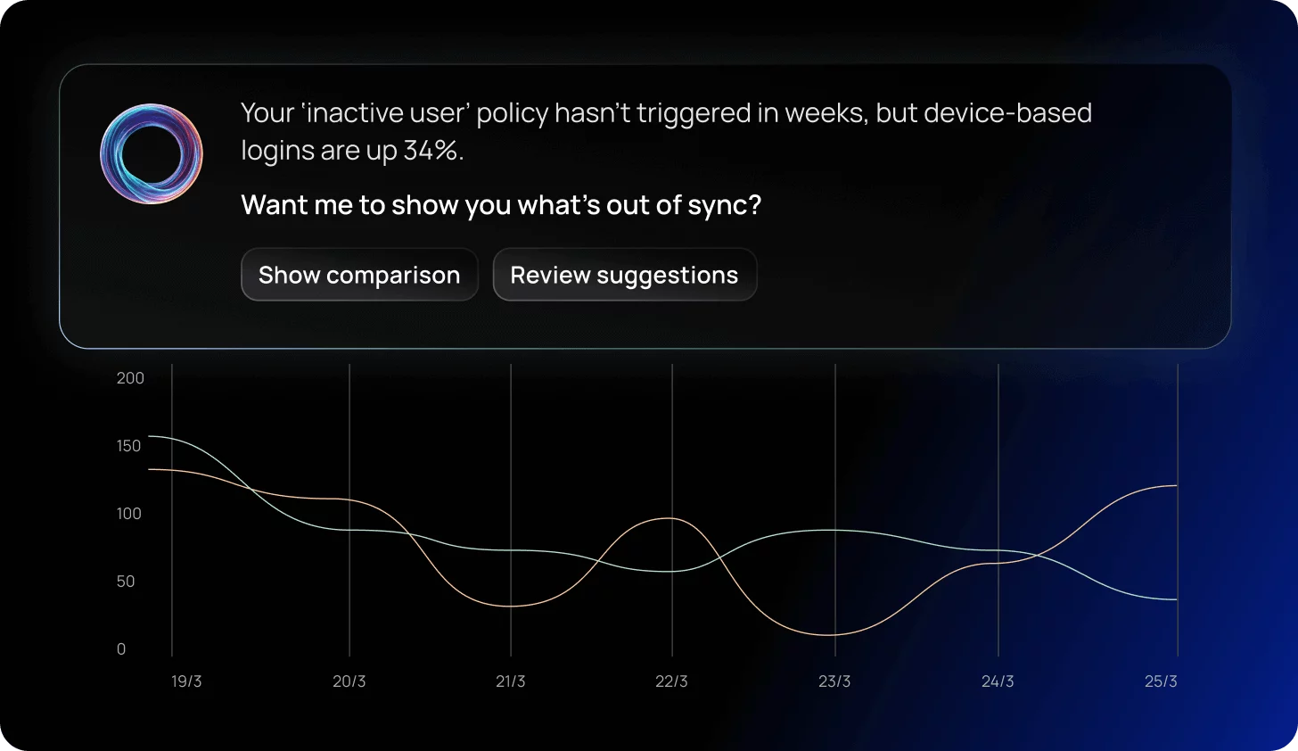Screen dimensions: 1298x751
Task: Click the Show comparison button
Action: coord(359,275)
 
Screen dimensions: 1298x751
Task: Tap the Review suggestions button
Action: coord(625,275)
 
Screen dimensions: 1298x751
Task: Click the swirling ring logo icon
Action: coord(152,153)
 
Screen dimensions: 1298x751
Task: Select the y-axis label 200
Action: coord(130,378)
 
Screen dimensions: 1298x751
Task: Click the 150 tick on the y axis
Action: coord(128,446)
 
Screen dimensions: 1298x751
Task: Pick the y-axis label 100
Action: coord(128,514)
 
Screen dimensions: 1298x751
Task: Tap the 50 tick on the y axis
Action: coord(126,581)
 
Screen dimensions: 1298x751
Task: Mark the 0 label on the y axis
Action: coord(121,649)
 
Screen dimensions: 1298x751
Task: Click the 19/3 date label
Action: coord(186,681)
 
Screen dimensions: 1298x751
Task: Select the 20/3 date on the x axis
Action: coord(349,681)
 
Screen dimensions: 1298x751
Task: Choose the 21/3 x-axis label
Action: coord(511,681)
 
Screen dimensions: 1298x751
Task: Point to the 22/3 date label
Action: coord(671,681)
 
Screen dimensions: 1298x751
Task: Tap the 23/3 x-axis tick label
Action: coord(834,681)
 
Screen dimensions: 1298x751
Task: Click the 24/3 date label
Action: coord(998,681)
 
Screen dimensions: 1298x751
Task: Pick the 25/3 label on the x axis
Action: coord(1162,681)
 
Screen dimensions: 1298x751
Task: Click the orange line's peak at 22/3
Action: coord(670,518)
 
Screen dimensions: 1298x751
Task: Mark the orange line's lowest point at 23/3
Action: coord(830,634)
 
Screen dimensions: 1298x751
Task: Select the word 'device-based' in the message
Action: coord(1007,112)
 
